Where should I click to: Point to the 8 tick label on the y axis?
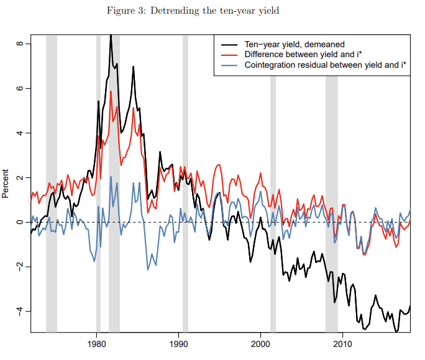coord(20,44)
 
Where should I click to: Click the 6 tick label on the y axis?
coord(20,88)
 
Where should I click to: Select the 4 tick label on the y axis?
coord(20,133)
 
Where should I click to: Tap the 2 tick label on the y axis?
coord(20,178)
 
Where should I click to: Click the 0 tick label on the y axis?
coord(20,222)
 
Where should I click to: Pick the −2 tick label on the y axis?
coord(20,266)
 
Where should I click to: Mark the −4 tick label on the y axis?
coord(20,311)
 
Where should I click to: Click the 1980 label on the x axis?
coord(97,344)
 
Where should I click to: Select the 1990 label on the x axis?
coord(179,344)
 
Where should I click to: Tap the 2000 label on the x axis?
coord(260,344)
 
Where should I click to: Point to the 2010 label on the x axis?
coord(342,344)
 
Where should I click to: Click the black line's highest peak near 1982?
coord(111,36)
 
